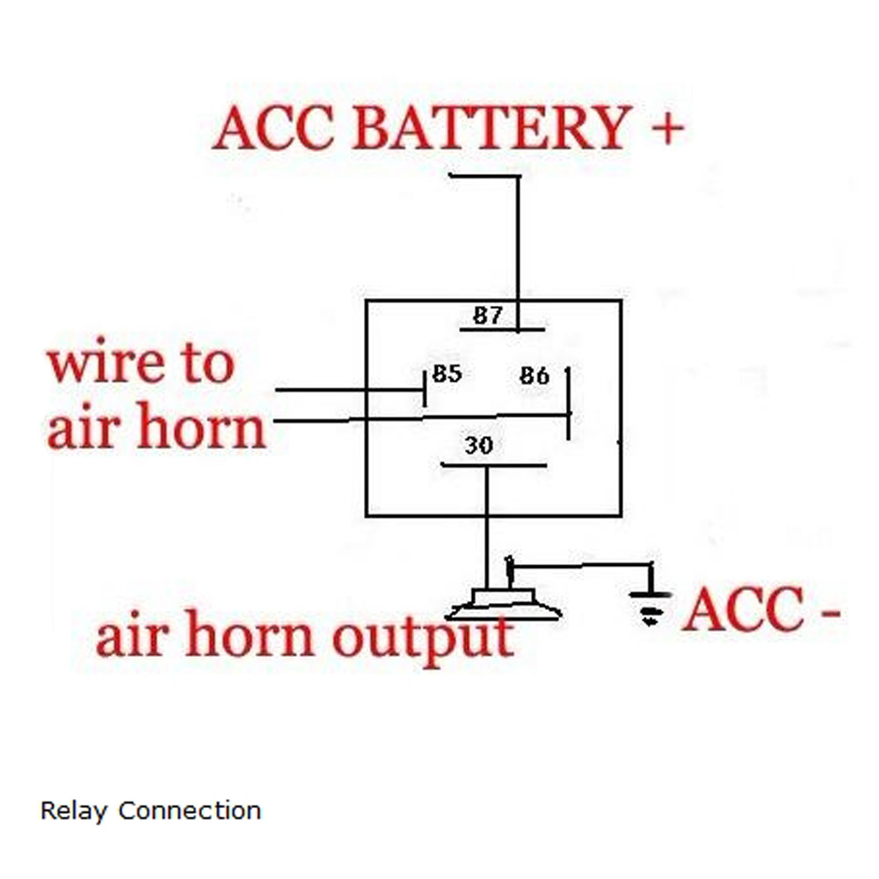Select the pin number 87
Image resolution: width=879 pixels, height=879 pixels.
tap(488, 316)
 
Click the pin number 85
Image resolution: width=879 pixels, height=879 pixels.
tap(447, 374)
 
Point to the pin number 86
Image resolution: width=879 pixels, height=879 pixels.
tap(534, 376)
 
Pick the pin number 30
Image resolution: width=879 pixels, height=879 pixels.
tap(478, 446)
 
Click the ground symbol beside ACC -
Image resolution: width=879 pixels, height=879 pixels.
tap(650, 607)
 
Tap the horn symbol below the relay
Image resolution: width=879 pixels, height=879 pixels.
tap(503, 605)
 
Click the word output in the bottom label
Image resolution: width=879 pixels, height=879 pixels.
tap(423, 636)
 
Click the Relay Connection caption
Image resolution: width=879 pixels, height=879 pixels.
tap(150, 810)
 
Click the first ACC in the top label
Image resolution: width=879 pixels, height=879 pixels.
tap(273, 128)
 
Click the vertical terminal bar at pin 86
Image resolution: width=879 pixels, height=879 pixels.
tap(569, 403)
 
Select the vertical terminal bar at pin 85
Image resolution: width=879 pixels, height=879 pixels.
tap(425, 388)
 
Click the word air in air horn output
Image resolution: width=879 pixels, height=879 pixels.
tap(129, 636)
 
